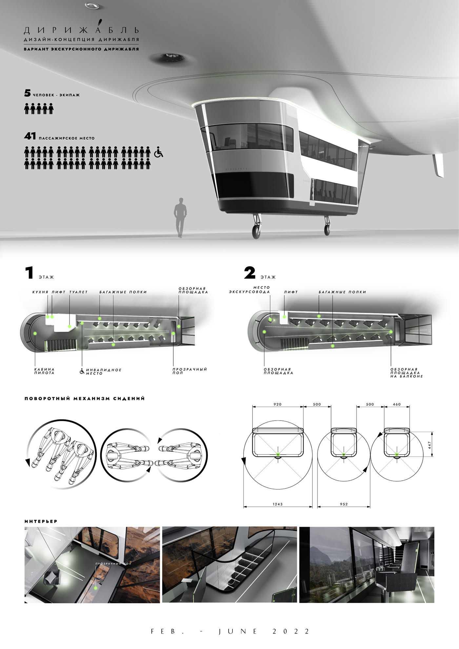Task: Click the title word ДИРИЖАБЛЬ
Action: (81, 30)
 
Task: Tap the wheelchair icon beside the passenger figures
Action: (159, 153)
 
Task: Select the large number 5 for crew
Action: (28, 93)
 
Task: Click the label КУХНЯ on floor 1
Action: (40, 292)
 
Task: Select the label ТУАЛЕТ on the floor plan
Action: (78, 292)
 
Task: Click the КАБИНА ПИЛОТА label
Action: (44, 371)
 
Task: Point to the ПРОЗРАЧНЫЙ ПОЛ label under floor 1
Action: (190, 371)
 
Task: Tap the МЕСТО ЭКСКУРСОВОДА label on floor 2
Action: (249, 290)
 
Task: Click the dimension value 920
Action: (277, 404)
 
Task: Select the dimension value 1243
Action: (277, 504)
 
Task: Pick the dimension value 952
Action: (344, 504)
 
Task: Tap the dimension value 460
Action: (397, 404)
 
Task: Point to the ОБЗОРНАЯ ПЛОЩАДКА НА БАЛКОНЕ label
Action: (407, 373)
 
